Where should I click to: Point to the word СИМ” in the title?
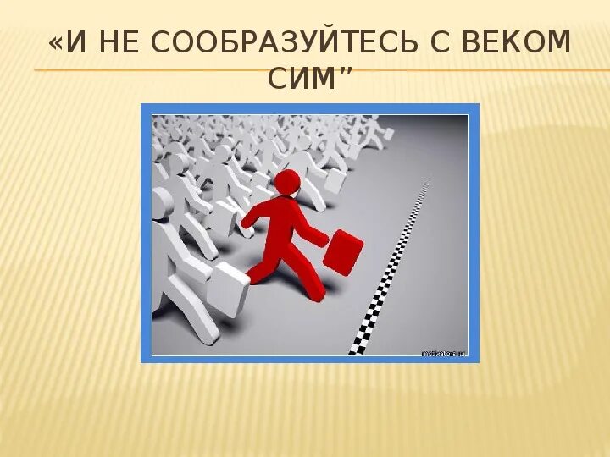tap(309, 80)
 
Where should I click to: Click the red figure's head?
tap(288, 181)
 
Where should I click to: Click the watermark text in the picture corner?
tap(443, 352)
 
